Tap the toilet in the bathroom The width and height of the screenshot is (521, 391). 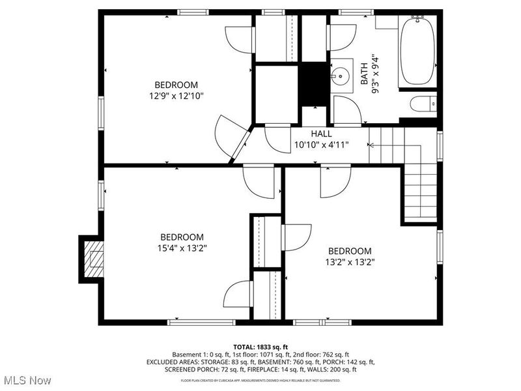click(x=424, y=104)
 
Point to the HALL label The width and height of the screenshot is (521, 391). click(x=321, y=134)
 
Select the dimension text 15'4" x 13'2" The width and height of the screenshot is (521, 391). click(x=182, y=248)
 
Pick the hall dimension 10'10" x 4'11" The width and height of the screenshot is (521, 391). click(x=321, y=145)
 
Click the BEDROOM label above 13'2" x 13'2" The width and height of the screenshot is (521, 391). click(x=349, y=251)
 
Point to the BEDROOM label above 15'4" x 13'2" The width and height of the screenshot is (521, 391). click(x=182, y=237)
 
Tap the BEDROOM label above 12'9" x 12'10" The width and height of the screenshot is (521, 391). click(x=176, y=85)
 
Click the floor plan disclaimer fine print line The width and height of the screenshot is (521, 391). click(x=260, y=379)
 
